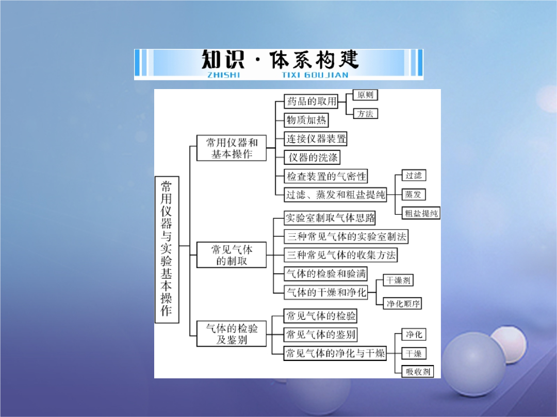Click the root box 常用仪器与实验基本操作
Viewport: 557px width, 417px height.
[167, 250]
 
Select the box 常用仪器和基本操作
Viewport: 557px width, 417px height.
[232, 148]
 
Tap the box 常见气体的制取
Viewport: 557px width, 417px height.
[232, 255]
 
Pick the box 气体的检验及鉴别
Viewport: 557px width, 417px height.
[232, 334]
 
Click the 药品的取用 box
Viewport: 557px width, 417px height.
[311, 101]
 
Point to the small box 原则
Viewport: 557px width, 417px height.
[365, 95]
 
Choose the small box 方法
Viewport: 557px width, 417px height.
[365, 113]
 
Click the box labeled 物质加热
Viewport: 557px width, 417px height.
[306, 120]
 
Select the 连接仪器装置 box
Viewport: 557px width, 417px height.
[316, 138]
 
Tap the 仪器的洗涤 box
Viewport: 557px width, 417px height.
[312, 158]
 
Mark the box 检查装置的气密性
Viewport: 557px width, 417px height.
[326, 176]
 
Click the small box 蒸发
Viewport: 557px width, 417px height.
[414, 194]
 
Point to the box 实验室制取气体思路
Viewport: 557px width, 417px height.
[330, 218]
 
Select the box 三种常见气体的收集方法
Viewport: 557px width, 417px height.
[341, 255]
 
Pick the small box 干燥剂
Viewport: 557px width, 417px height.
[398, 280]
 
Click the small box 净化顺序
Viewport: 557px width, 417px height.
[402, 304]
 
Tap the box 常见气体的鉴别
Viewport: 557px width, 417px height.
[320, 335]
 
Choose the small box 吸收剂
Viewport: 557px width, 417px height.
[418, 371]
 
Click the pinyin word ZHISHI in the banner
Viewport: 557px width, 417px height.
[224, 75]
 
